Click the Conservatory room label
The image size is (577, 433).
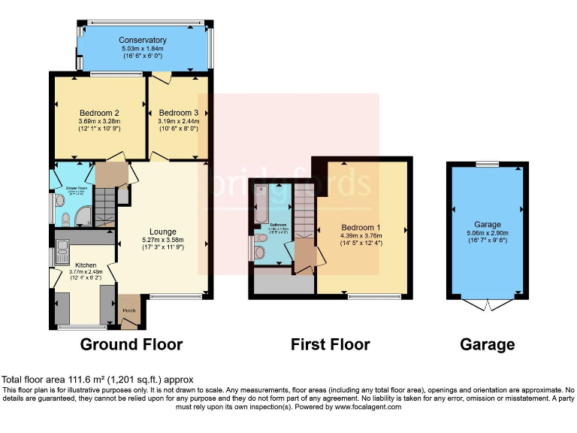click(x=143, y=40)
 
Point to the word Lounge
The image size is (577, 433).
click(x=162, y=232)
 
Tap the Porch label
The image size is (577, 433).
click(x=129, y=309)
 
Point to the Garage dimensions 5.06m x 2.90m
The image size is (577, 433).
click(x=487, y=233)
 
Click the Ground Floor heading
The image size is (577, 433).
click(x=131, y=345)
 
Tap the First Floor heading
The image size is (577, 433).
click(x=331, y=345)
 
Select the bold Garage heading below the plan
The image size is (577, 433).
click(x=488, y=345)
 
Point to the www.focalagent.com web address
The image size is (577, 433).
click(x=361, y=407)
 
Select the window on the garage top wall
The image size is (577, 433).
click(x=487, y=163)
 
